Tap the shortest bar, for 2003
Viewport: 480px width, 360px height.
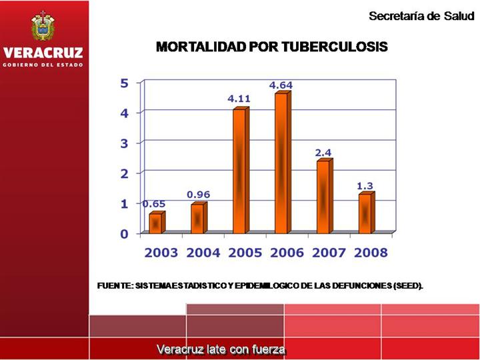(x=156, y=223)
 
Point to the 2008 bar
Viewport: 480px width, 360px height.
(x=365, y=213)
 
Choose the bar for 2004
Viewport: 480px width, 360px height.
(x=198, y=219)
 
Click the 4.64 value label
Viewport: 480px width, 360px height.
(x=281, y=85)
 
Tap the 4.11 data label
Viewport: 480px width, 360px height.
(x=239, y=99)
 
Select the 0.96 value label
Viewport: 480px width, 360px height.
(x=198, y=194)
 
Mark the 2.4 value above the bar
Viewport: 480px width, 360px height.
(x=323, y=153)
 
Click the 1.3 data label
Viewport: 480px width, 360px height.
(x=365, y=185)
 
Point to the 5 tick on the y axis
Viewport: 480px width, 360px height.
(x=124, y=83)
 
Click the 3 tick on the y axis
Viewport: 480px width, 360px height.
(x=124, y=143)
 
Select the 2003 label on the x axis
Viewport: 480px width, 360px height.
(x=161, y=253)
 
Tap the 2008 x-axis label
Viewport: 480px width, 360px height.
(x=371, y=253)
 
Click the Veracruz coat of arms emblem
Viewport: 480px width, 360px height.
(x=43, y=27)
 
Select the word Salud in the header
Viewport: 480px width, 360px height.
(x=457, y=16)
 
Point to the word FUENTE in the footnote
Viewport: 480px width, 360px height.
(x=115, y=286)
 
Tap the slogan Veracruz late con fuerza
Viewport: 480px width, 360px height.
(x=221, y=349)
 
